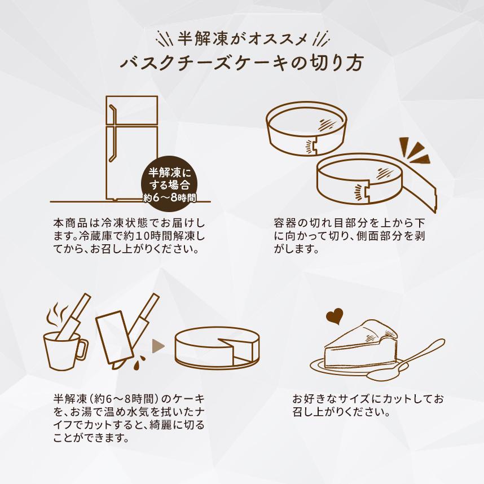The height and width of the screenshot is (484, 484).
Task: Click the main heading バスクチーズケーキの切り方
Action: tap(241, 63)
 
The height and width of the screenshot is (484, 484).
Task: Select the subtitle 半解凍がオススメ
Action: tap(241, 38)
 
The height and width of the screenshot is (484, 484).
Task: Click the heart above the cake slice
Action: tap(334, 316)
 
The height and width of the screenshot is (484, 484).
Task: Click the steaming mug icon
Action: tap(64, 348)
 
